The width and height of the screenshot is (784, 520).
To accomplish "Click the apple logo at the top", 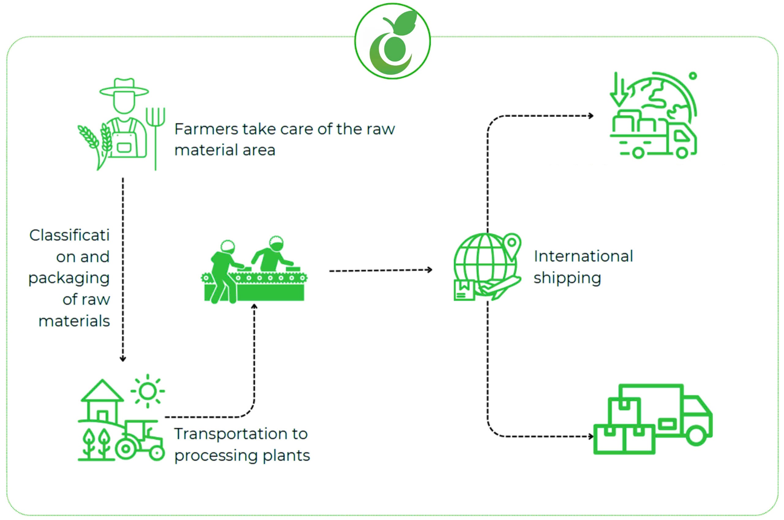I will [392, 41].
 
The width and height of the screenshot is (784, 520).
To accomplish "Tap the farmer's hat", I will [124, 88].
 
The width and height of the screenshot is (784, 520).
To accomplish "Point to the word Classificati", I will [69, 235].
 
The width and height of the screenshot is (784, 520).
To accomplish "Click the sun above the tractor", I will [148, 391].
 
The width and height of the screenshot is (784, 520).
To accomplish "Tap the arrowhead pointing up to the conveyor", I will [254, 306].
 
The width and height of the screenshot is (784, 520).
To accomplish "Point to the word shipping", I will [567, 278].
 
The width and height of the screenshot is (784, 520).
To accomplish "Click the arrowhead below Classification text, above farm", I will [123, 359].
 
